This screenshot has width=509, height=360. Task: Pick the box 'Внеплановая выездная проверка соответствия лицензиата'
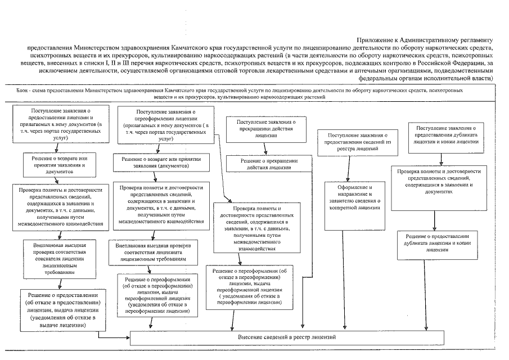tap(154, 253)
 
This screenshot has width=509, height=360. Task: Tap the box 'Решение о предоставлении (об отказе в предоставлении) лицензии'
tap(60, 309)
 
